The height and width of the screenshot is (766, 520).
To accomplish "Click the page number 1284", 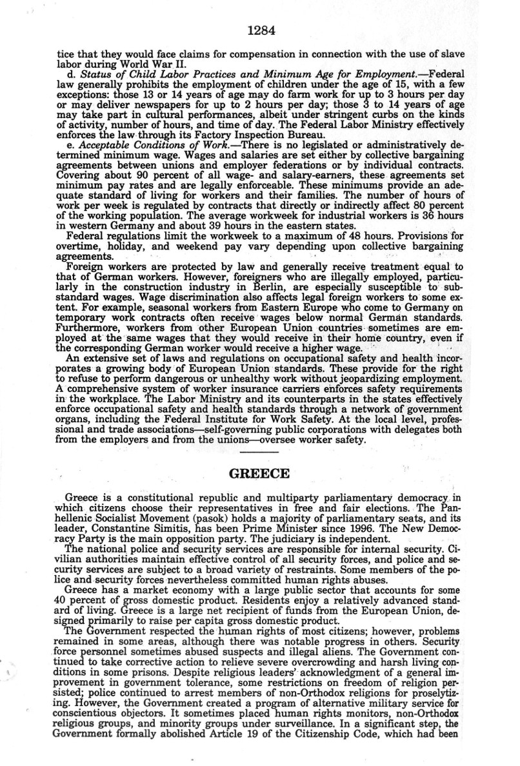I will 260,28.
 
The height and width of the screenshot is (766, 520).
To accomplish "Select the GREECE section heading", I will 260,474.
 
